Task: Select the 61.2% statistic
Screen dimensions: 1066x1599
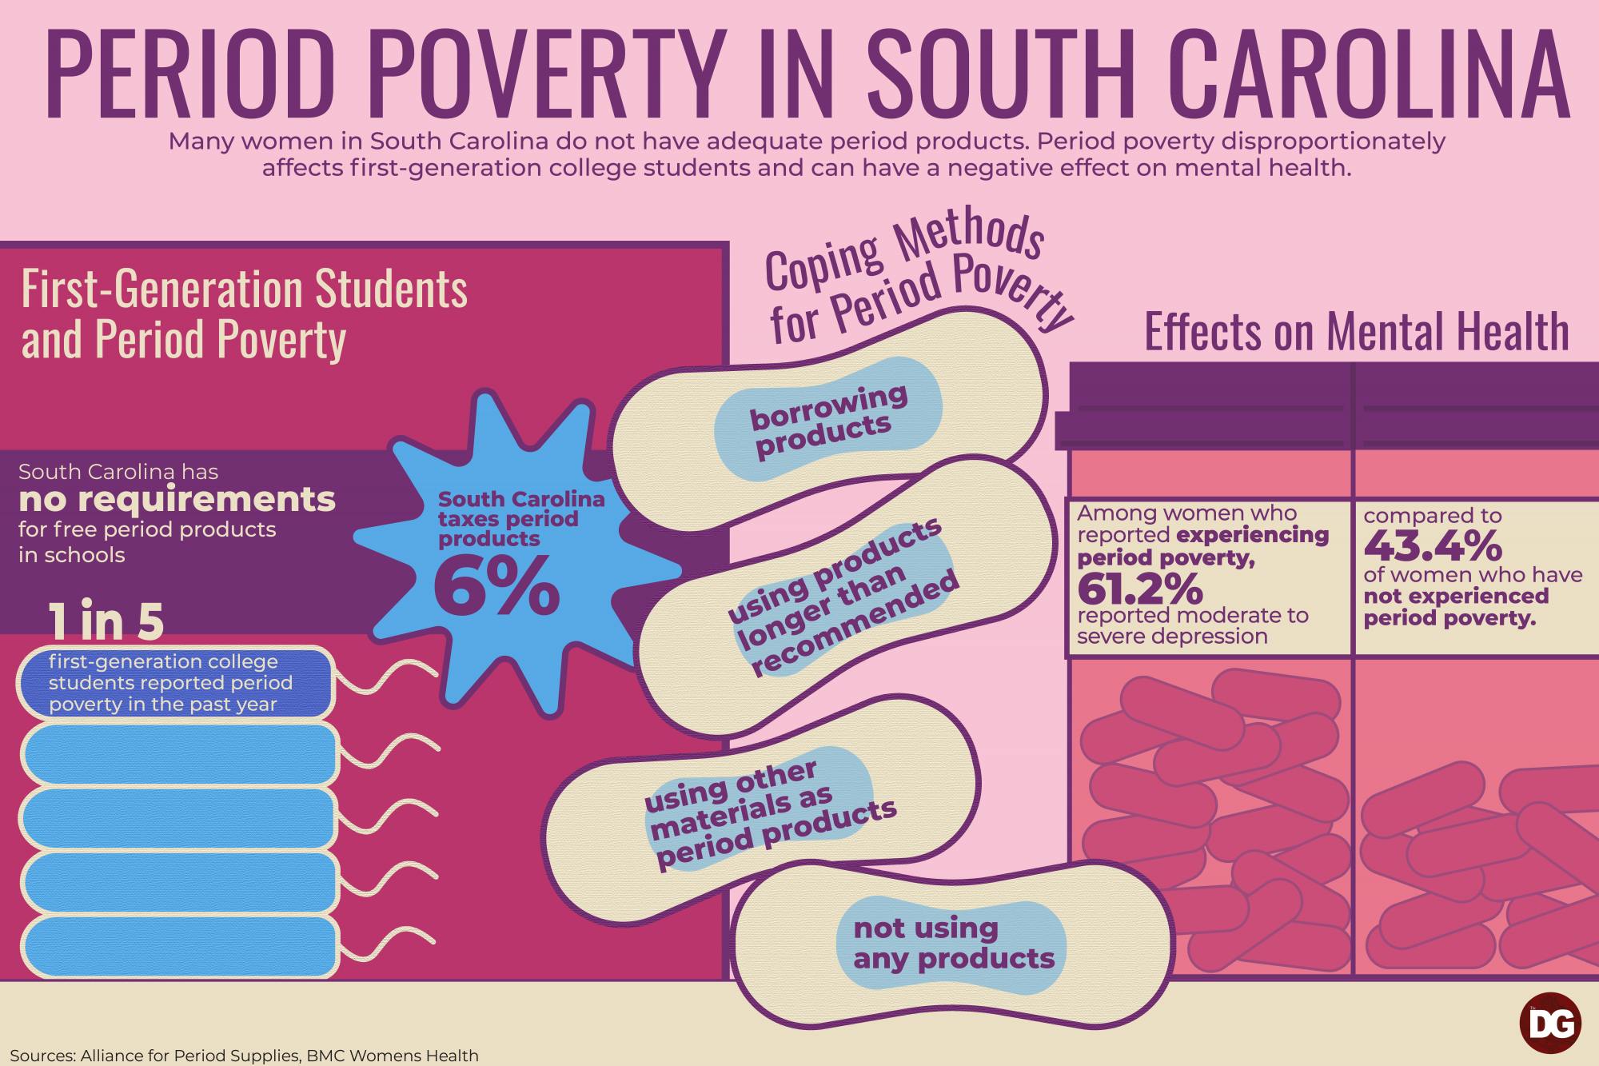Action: tap(1139, 589)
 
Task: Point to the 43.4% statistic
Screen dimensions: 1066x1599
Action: tap(1433, 546)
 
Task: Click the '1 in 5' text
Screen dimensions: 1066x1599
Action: tap(106, 621)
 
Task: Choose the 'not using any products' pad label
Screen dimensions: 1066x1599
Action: tap(954, 943)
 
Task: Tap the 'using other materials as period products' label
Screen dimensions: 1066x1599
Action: tap(771, 816)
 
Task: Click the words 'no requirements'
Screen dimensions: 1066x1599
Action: tap(177, 500)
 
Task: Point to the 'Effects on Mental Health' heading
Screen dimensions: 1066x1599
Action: tap(1357, 332)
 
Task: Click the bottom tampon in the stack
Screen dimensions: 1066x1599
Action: tap(177, 947)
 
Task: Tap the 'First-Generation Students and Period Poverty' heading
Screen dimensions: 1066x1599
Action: tap(244, 313)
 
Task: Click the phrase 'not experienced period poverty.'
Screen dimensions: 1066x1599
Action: tap(1456, 607)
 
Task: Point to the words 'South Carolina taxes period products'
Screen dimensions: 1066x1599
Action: tap(520, 519)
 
